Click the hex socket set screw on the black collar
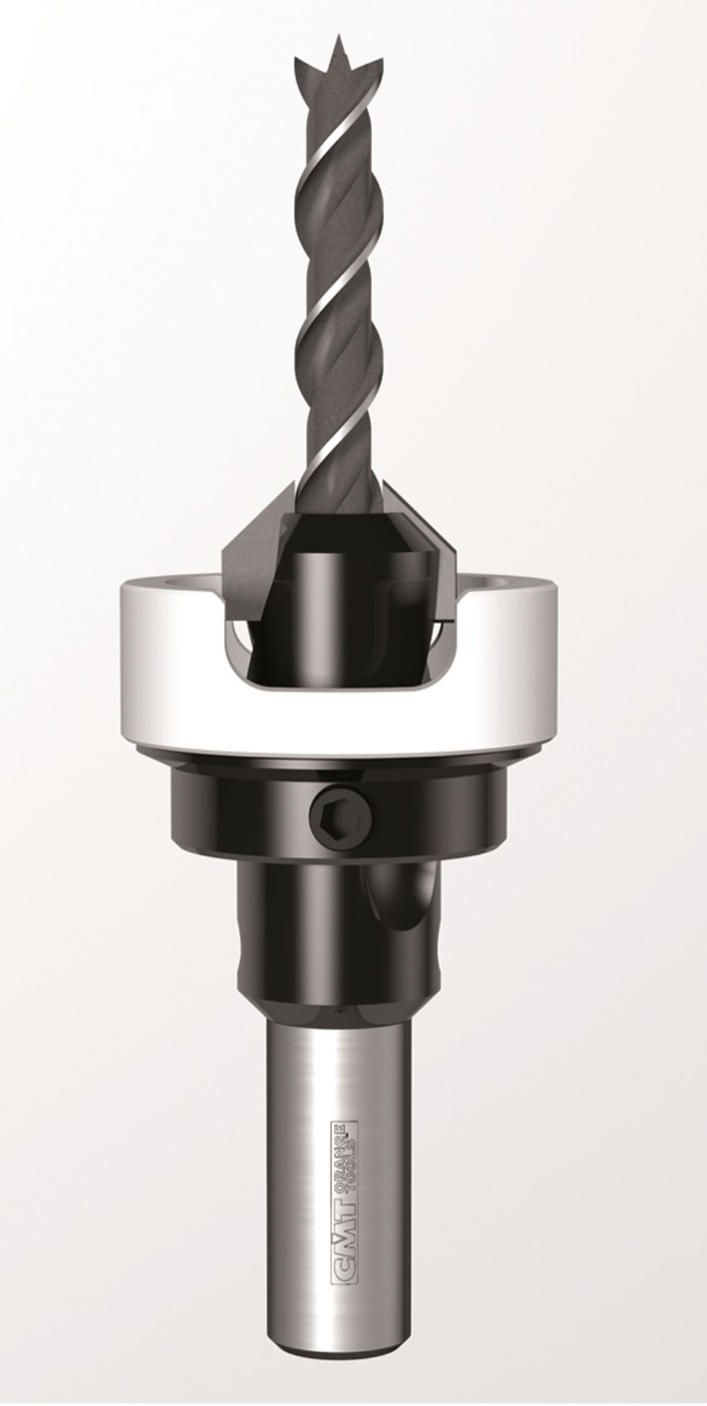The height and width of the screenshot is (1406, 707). (341, 821)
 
